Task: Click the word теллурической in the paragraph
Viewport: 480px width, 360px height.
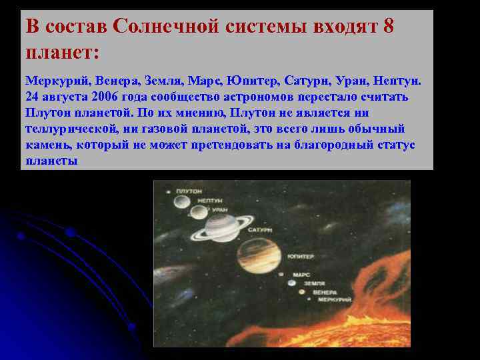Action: tap(63, 129)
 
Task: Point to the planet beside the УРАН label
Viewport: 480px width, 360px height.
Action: tap(199, 213)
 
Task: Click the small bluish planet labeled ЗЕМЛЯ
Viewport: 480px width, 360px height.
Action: tap(291, 283)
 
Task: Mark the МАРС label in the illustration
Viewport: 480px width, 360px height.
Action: tap(301, 274)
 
